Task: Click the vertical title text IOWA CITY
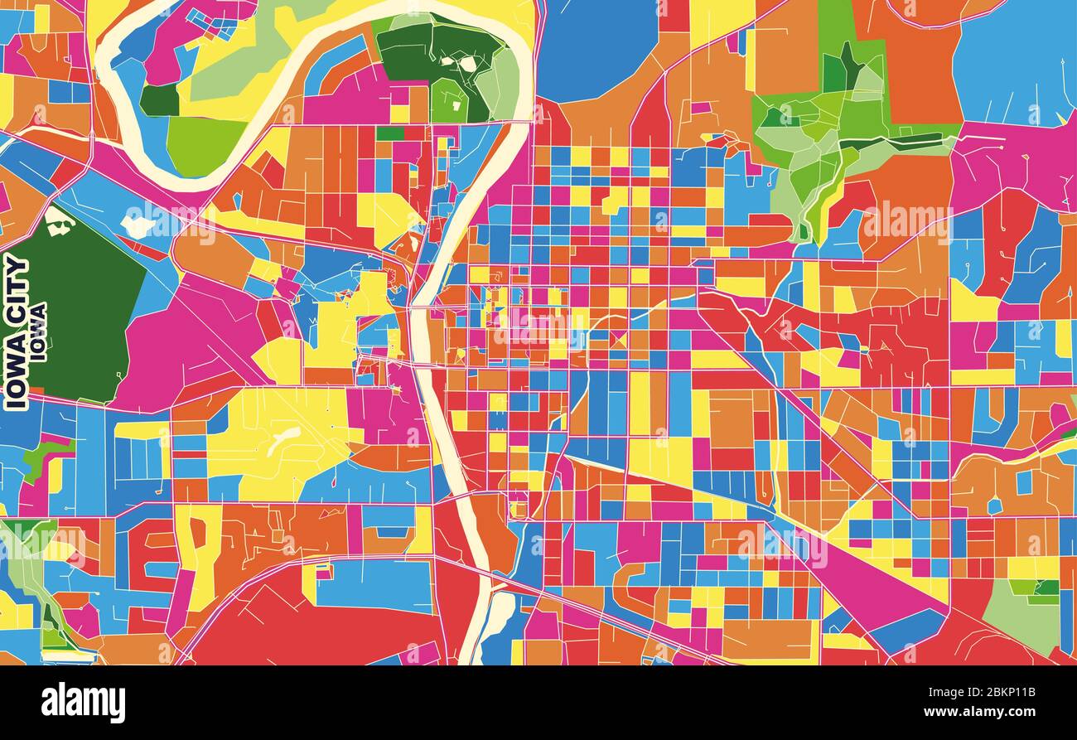(x=17, y=331)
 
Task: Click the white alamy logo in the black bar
(x=83, y=703)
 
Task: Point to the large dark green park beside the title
(x=75, y=307)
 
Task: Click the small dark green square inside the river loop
(x=159, y=100)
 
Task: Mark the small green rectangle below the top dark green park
(x=389, y=133)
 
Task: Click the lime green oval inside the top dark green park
(x=447, y=99)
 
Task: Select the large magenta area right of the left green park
(x=191, y=340)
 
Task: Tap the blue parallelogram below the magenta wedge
(x=907, y=630)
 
